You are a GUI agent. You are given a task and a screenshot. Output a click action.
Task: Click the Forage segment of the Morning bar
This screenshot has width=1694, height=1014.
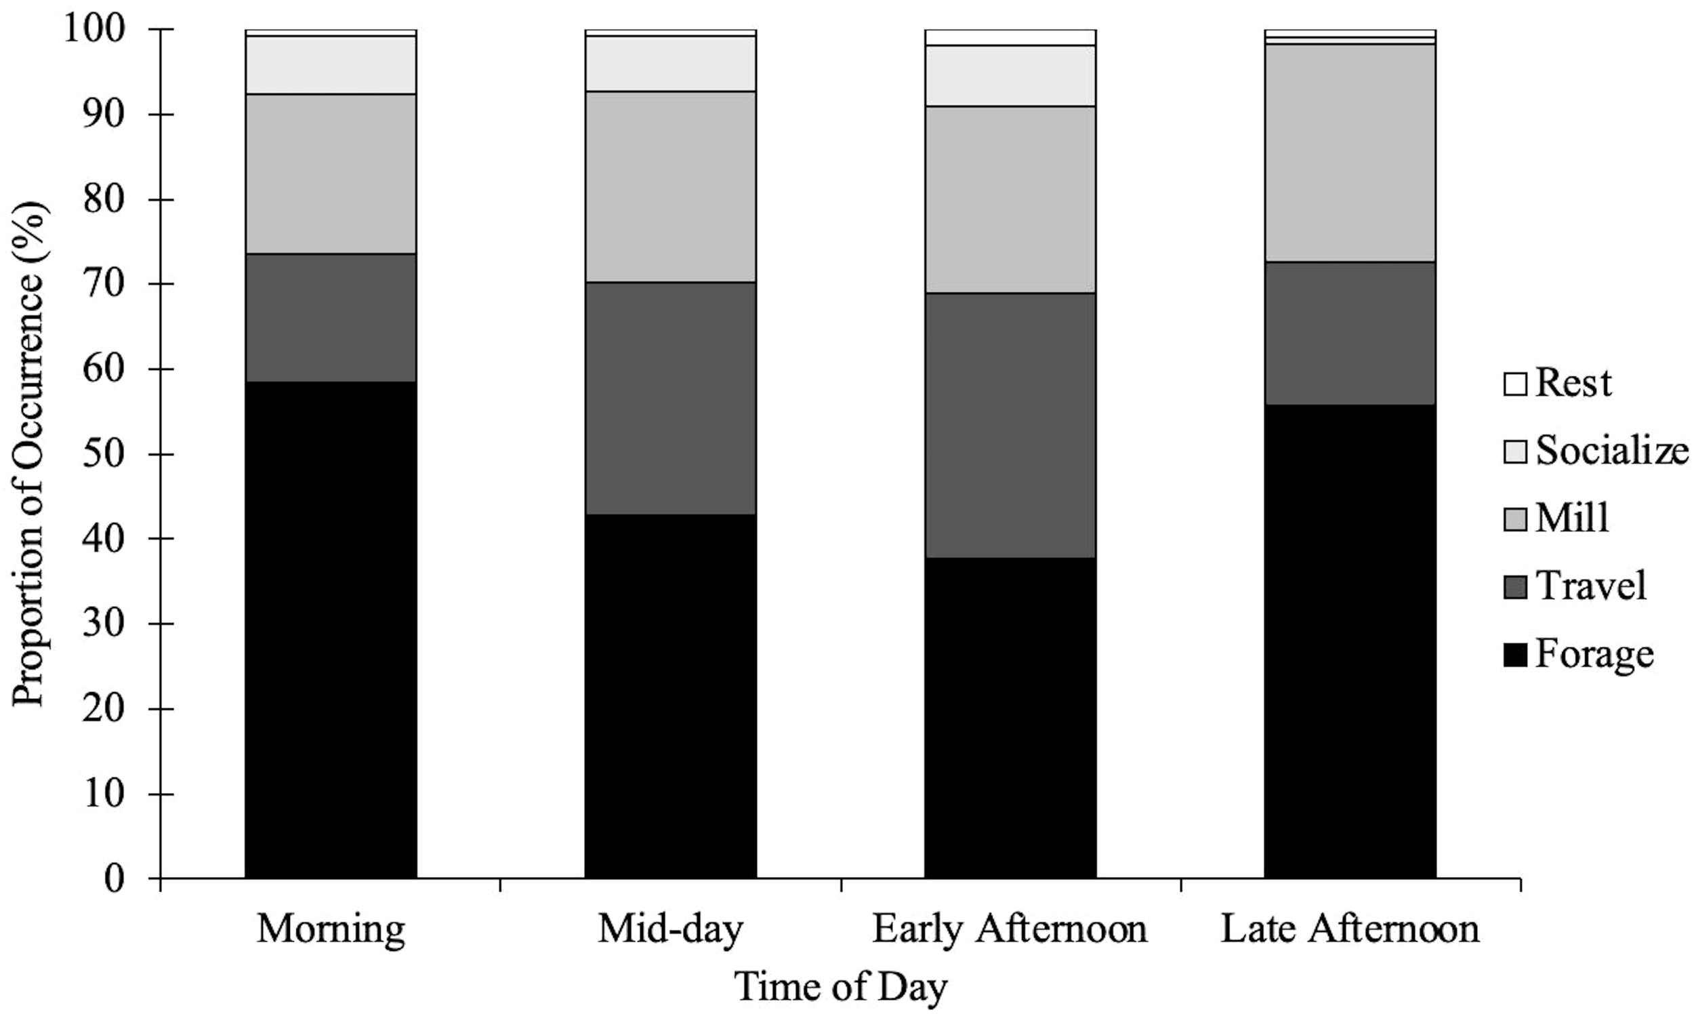click(x=331, y=628)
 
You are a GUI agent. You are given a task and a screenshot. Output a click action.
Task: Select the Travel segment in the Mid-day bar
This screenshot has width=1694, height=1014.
click(x=670, y=398)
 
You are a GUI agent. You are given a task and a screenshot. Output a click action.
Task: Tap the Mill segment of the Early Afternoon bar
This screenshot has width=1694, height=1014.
click(x=1010, y=199)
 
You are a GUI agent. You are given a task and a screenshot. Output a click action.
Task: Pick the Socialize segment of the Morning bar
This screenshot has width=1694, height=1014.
click(x=331, y=65)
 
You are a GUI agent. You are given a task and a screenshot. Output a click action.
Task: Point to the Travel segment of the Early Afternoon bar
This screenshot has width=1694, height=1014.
click(x=1010, y=425)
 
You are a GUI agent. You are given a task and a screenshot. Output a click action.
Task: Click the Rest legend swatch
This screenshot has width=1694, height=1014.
click(x=1514, y=384)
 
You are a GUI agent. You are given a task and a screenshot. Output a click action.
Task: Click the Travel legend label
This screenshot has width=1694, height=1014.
click(x=1591, y=586)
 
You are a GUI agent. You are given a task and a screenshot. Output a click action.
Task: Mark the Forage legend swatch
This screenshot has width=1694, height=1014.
click(x=1514, y=655)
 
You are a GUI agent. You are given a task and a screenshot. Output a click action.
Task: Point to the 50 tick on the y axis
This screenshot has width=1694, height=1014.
click(x=156, y=454)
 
